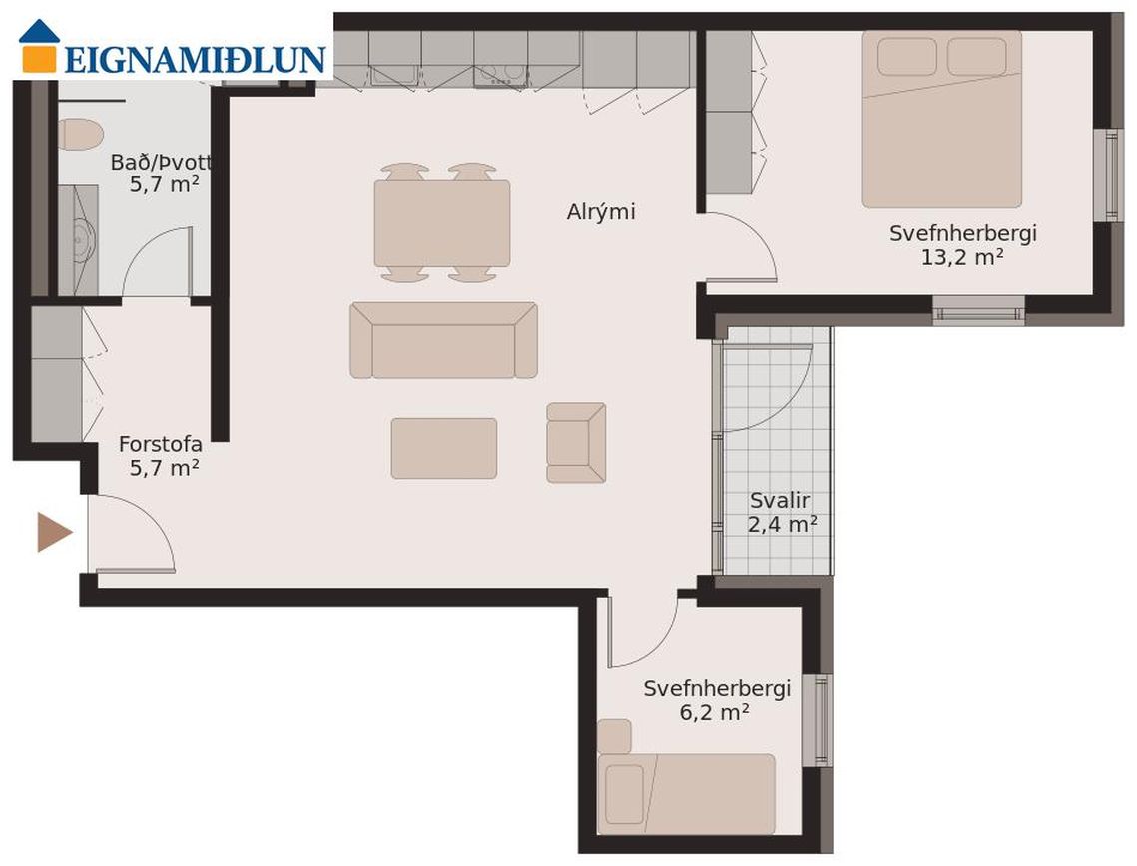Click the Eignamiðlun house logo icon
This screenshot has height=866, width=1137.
click(38, 46)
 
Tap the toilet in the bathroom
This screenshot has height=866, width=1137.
click(80, 134)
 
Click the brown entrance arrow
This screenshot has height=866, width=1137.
click(55, 532)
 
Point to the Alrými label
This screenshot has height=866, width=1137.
click(600, 212)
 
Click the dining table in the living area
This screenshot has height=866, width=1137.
click(441, 223)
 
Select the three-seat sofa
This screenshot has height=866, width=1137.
click(444, 340)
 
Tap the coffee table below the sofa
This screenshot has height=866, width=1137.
click(444, 448)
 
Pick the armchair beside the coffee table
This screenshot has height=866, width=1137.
click(576, 442)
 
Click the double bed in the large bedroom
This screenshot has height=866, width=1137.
click(942, 119)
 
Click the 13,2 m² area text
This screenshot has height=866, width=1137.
click(962, 257)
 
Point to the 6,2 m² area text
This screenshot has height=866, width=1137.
click(714, 712)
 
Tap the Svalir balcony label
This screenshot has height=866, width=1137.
click(780, 500)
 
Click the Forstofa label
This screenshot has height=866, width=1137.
click(161, 444)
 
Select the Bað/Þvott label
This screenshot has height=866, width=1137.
click(161, 163)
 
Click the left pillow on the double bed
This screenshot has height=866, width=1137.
click(907, 57)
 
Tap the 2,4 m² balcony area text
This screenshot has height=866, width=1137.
click(783, 524)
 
